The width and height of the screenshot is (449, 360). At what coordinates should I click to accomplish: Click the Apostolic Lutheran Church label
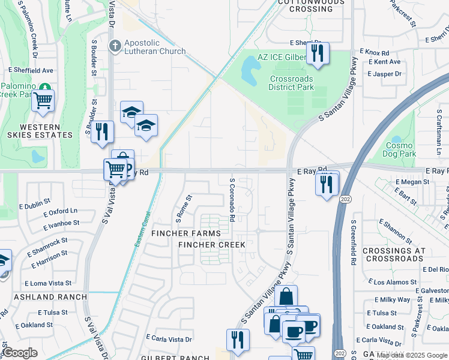pos(155,47)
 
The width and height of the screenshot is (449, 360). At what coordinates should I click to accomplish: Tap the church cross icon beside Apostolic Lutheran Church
pos(115,45)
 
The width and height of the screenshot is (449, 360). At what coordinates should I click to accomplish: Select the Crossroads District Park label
pos(292,83)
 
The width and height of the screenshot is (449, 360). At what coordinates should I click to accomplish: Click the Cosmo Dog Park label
pos(399,149)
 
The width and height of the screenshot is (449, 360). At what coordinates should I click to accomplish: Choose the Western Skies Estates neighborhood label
pos(40,131)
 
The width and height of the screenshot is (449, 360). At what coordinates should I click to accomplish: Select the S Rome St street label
pos(182,205)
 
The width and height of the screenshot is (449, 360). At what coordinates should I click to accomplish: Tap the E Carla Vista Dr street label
pos(169,339)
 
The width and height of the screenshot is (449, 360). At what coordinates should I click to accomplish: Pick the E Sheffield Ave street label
pos(31,70)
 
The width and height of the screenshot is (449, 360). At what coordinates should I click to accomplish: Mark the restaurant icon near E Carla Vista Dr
pos(238,340)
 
